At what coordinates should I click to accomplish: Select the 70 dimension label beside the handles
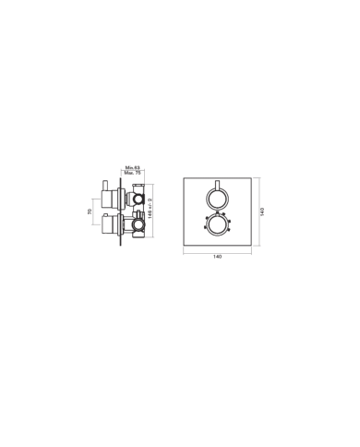[x=90, y=211]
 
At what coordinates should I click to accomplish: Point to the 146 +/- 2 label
[x=150, y=212]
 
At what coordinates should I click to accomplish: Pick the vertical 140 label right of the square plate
[x=263, y=211]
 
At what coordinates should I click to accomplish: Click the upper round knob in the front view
[x=218, y=198]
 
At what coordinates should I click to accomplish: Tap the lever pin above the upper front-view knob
[x=218, y=183]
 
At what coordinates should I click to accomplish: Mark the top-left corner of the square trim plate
[x=185, y=178]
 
